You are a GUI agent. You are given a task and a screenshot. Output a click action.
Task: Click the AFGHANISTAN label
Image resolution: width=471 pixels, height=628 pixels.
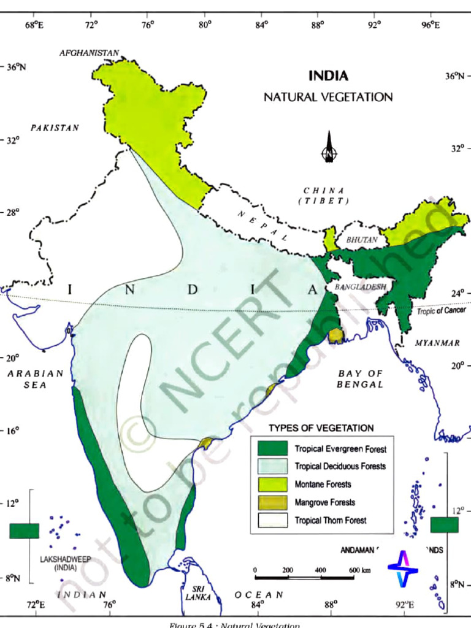pos(90,53)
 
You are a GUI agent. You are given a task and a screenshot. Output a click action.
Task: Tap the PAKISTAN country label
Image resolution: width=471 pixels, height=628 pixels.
pos(55,128)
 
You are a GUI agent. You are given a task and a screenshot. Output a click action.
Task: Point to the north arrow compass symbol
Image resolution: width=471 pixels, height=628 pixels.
pos(329,147)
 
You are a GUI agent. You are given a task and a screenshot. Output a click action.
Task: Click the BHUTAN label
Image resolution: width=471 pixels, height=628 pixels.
pos(362,240)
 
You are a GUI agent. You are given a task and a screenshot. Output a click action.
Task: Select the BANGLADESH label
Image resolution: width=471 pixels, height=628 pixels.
pos(360,287)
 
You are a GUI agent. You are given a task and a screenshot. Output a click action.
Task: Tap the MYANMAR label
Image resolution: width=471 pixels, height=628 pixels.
pos(437,343)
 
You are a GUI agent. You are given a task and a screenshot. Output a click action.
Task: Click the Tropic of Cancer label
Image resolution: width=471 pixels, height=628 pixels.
pos(442,311)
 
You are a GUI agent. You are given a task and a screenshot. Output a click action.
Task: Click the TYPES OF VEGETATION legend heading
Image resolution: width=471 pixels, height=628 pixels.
pos(321,427)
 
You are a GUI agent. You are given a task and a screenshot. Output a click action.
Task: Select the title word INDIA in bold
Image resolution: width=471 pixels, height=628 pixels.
pos(328,76)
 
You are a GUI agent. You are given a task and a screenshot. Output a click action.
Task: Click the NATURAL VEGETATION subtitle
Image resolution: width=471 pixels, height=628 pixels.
pos(328,97)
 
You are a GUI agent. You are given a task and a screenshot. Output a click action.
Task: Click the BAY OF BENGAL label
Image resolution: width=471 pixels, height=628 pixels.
pos(361,379)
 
